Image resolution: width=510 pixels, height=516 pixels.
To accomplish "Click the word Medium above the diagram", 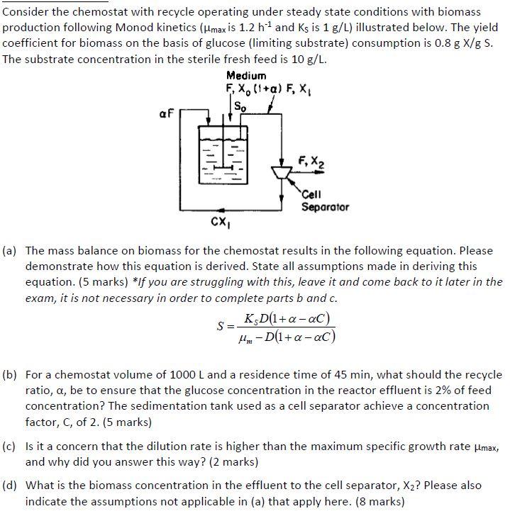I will (x=246, y=76).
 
